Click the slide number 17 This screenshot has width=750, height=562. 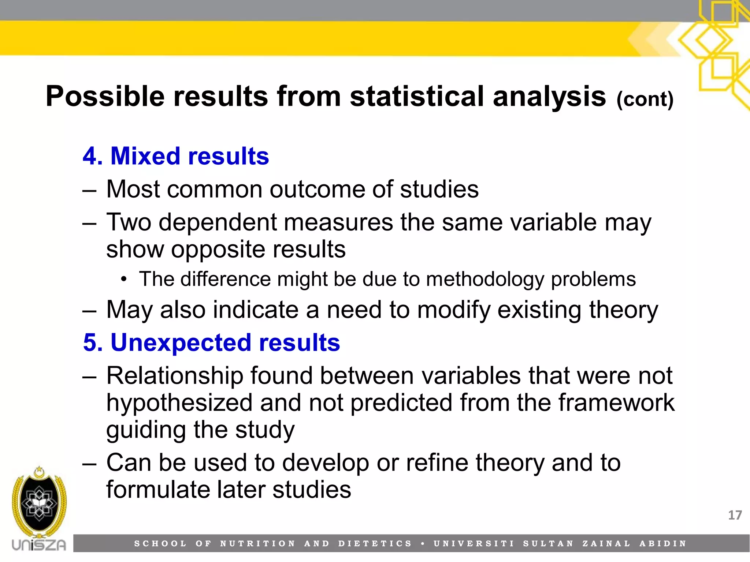735,515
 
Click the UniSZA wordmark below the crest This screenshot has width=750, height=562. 39,545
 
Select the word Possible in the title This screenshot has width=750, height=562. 105,97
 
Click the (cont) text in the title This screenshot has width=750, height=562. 645,99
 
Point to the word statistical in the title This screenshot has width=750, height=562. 417,97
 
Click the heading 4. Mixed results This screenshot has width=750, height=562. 176,156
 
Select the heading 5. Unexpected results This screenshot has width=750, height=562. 211,343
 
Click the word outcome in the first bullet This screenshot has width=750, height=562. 317,190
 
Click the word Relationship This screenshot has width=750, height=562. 175,376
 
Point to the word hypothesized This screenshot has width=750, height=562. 179,403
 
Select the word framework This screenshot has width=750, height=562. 616,403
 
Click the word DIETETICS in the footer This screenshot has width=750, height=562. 375,544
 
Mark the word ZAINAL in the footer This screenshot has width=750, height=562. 606,544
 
